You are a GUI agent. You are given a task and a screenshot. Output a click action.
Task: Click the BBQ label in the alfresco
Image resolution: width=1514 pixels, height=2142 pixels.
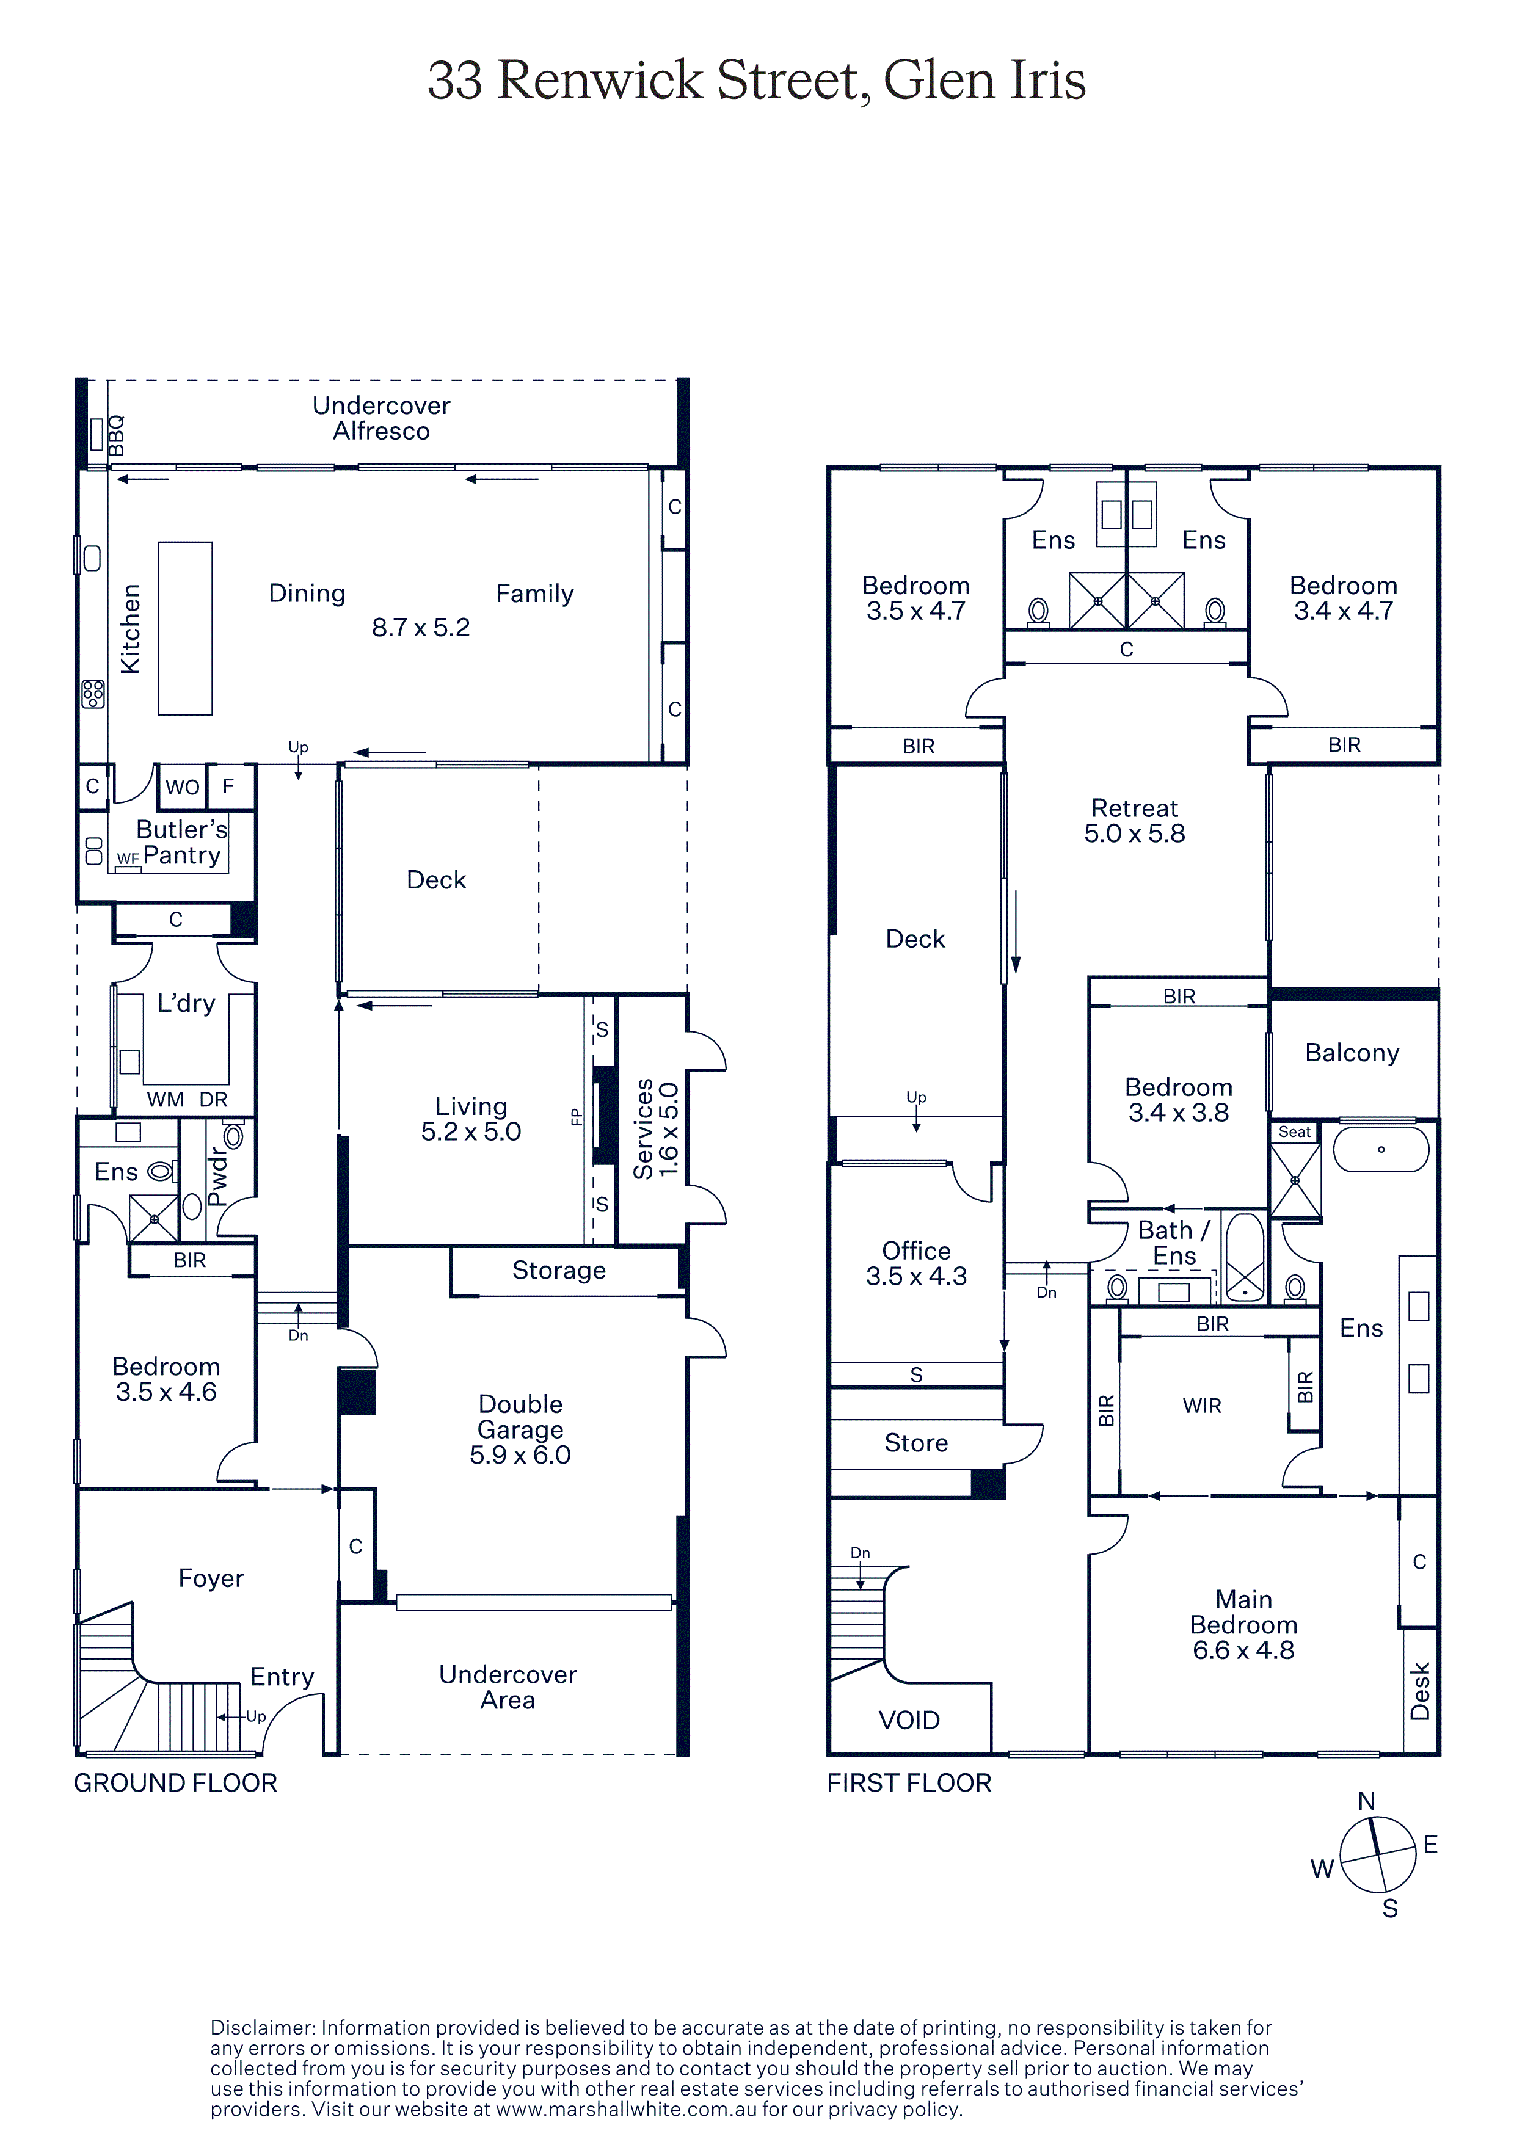tap(115, 436)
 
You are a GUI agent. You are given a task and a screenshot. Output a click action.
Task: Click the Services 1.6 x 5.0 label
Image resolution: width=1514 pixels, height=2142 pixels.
tap(656, 1129)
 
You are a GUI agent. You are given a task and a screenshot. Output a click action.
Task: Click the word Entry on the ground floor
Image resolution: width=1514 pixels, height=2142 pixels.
tap(282, 1677)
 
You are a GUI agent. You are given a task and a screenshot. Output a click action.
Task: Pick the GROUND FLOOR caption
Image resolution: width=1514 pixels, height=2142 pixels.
tap(175, 1783)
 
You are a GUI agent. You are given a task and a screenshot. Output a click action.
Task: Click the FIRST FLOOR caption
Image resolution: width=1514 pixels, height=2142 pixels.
tap(909, 1783)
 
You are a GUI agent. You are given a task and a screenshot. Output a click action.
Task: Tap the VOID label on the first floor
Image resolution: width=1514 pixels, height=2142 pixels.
tap(909, 1720)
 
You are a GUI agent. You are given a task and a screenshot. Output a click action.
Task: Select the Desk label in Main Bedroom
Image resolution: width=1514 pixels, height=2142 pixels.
tap(1420, 1691)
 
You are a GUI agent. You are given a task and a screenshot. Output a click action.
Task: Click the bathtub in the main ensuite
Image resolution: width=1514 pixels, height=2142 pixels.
tap(1381, 1149)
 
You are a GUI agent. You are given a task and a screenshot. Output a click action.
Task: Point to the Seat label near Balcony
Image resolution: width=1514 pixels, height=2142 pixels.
tap(1295, 1131)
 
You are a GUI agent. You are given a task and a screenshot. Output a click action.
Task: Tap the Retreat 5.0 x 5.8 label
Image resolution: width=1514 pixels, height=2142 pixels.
tap(1134, 821)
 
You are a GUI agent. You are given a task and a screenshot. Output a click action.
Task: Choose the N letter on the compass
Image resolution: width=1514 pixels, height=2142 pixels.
tap(1367, 1801)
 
